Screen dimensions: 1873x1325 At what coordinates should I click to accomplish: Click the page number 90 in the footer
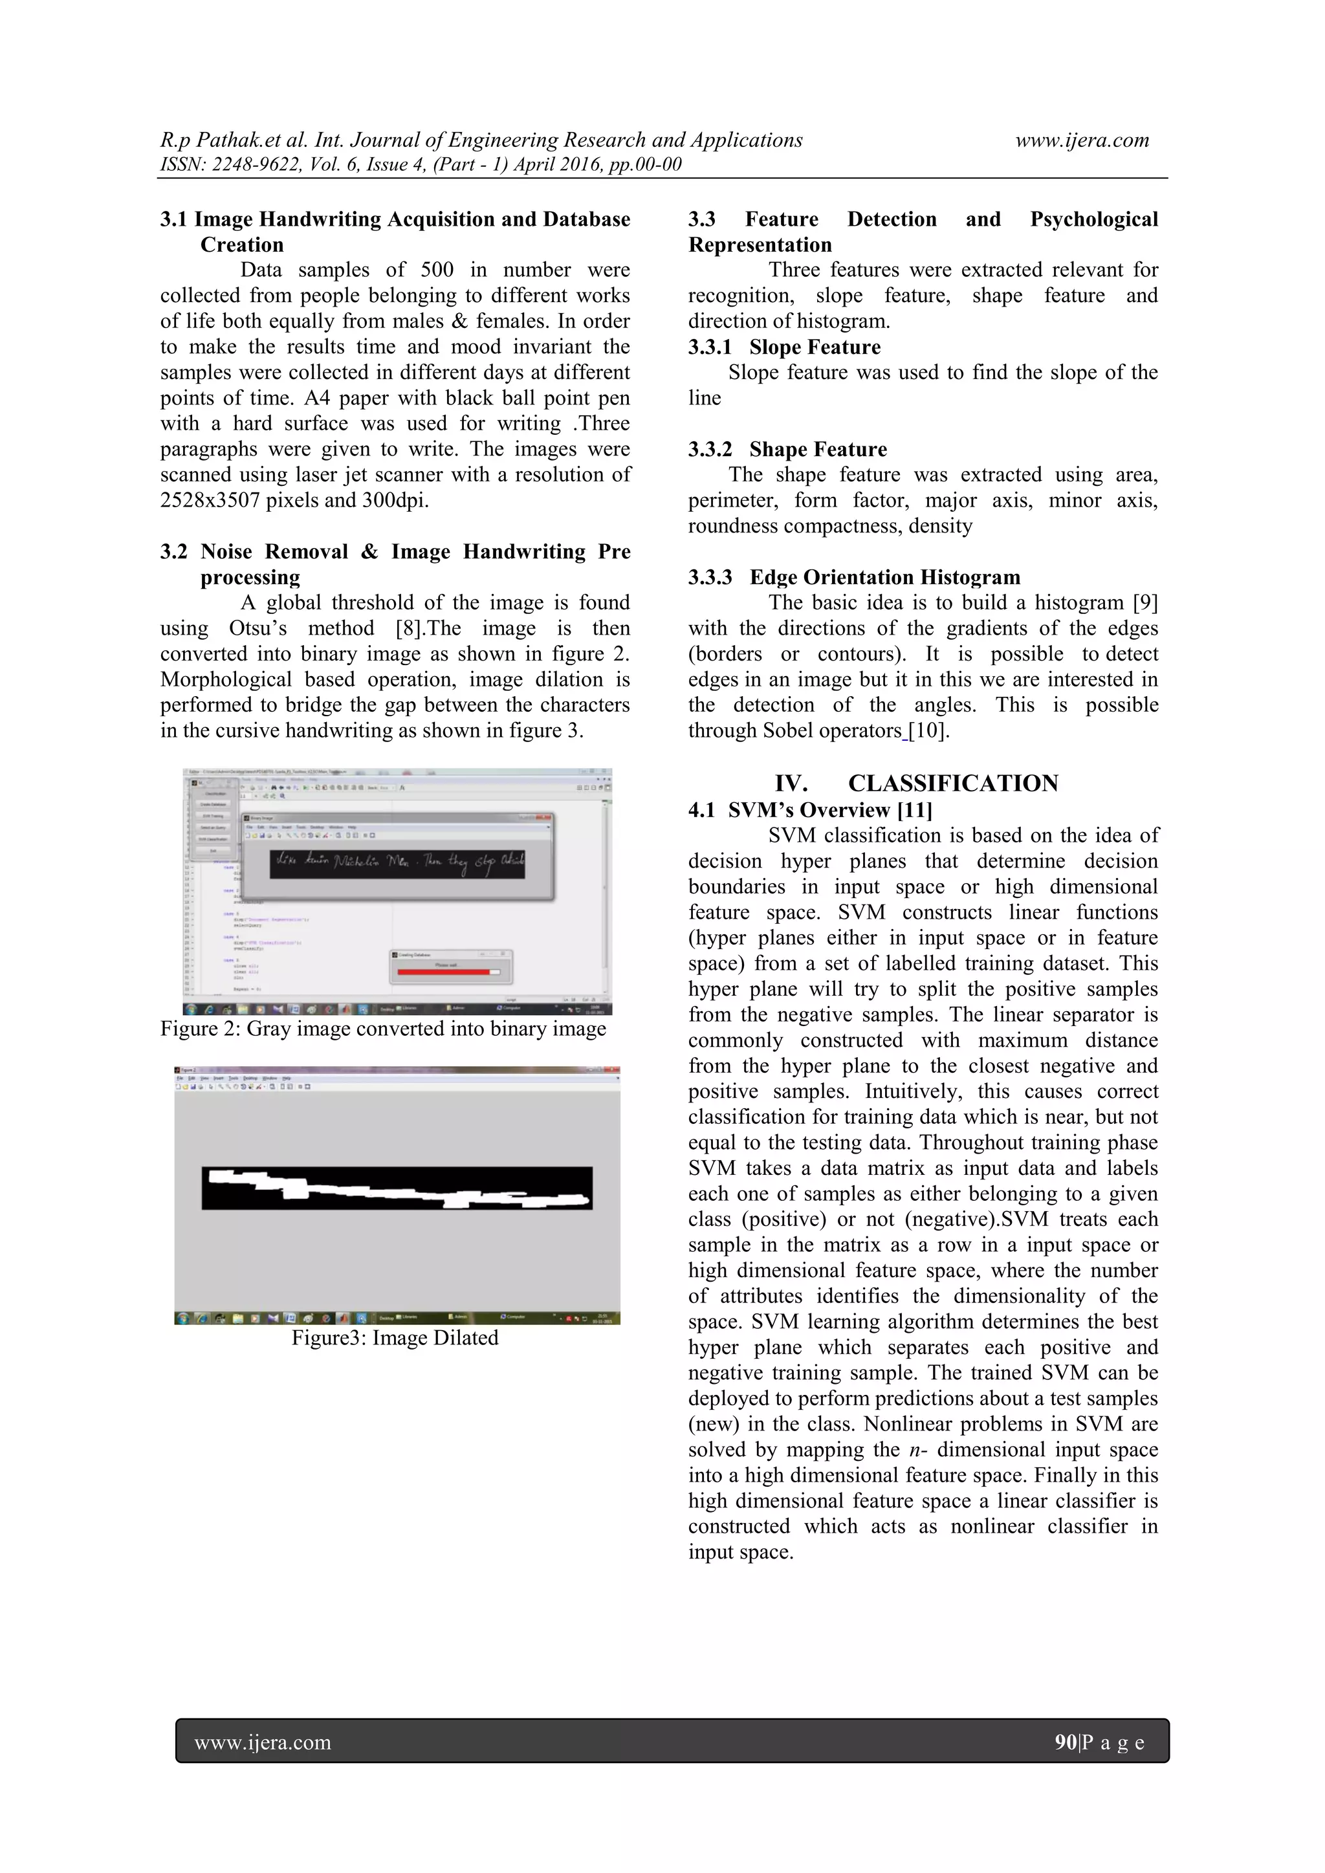[1065, 1742]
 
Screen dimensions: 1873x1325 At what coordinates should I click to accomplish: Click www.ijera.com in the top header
[1081, 140]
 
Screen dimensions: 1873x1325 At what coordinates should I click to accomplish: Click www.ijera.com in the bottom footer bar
[263, 1742]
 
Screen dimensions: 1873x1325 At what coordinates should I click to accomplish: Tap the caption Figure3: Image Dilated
[395, 1338]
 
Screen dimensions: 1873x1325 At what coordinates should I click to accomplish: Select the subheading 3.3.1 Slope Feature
[784, 347]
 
